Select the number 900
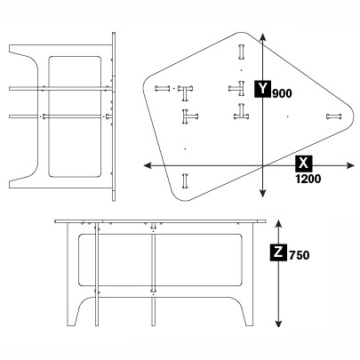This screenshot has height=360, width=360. pyautogui.click(x=283, y=93)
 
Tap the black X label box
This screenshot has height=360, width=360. pyautogui.click(x=305, y=164)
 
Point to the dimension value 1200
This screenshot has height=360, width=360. pyautogui.click(x=308, y=178)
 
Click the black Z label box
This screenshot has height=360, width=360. pyautogui.click(x=278, y=252)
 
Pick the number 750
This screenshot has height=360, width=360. pyautogui.click(x=299, y=256)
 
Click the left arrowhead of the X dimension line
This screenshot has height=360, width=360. pyautogui.click(x=148, y=165)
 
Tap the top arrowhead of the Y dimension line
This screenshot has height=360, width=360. pyautogui.click(x=264, y=38)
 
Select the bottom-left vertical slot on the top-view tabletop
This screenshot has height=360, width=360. pyautogui.click(x=185, y=180)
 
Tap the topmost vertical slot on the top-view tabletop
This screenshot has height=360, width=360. pyautogui.click(x=241, y=49)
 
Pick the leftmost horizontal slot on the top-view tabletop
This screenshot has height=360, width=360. pyautogui.click(x=162, y=88)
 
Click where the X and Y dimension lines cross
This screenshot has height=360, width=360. pyautogui.click(x=264, y=165)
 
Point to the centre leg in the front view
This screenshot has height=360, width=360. pyautogui.click(x=156, y=276)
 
